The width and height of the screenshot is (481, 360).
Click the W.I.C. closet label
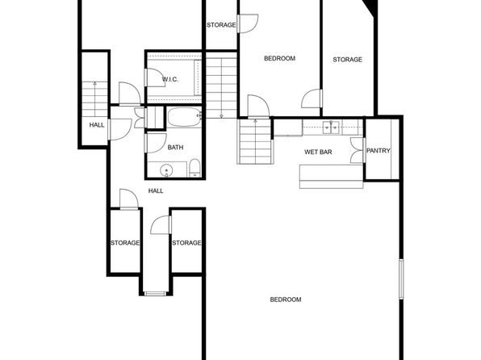[x=169, y=79]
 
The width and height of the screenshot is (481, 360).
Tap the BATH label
[x=175, y=147]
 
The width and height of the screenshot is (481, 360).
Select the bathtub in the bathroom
[x=184, y=119]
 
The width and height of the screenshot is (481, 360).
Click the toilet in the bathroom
[x=194, y=168]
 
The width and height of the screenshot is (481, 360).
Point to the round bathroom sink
[x=166, y=170]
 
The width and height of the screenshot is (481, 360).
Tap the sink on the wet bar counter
[x=331, y=127]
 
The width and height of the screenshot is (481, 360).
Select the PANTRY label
[x=379, y=151]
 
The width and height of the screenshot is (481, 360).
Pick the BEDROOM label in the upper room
[x=280, y=58]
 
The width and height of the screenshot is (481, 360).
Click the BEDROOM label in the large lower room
[x=285, y=299]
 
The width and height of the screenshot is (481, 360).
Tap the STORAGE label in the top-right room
[x=348, y=59]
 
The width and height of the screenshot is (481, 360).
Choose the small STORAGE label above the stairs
[x=221, y=25]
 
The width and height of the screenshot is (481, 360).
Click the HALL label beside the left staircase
[x=97, y=124]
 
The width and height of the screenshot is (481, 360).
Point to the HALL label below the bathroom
[x=156, y=190]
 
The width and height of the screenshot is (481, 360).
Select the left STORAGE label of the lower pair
[x=125, y=243]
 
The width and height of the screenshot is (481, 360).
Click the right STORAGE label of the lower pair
[x=186, y=243]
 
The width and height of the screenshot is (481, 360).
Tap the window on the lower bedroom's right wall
[x=400, y=279]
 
